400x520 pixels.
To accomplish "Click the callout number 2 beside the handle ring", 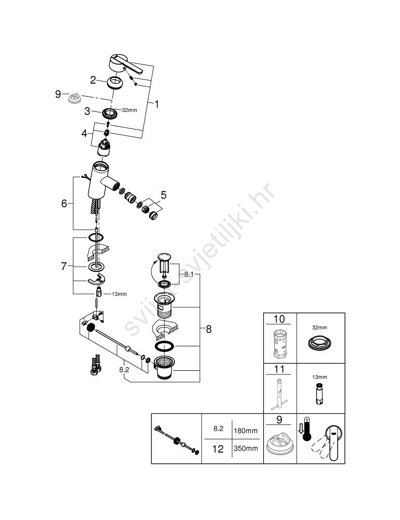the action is (93, 80).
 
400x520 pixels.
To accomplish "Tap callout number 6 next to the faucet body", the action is (64, 203).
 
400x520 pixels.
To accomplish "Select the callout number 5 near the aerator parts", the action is (163, 196).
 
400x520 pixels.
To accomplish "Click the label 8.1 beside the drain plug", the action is (189, 274).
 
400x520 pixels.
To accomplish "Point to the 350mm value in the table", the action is (246, 448).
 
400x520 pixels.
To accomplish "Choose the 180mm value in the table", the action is (246, 431).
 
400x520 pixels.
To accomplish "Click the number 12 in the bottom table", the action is (218, 449).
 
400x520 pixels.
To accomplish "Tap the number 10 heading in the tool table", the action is (279, 319).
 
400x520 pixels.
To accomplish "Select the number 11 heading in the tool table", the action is (279, 369).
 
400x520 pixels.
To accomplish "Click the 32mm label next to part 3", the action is (130, 110).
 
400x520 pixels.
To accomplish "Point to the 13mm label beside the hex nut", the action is (119, 294).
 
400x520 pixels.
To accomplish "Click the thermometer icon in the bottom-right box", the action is (307, 429).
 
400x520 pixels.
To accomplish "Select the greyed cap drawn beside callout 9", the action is (74, 98).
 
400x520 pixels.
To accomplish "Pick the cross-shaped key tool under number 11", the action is (279, 395).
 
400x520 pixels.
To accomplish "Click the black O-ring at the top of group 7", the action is (96, 237).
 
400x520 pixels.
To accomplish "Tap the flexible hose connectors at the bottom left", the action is (96, 365).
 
